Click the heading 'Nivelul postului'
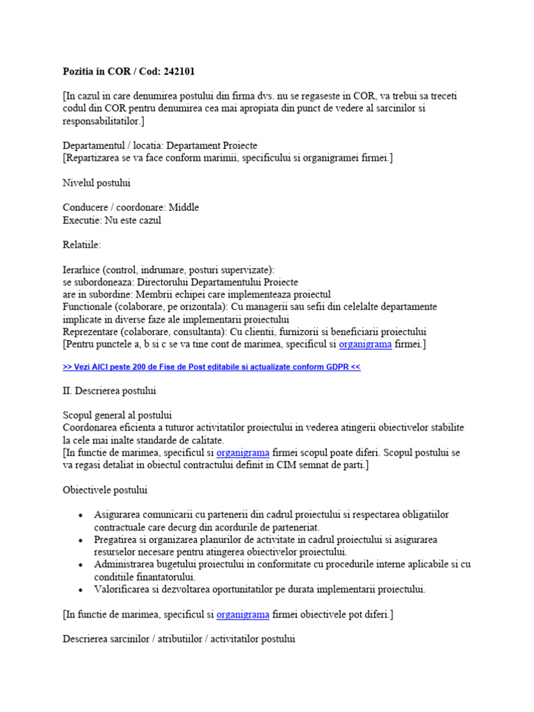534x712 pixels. click(97, 183)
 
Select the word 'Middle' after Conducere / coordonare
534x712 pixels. click(184, 207)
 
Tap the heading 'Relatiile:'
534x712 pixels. click(81, 245)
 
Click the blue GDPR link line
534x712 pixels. click(211, 367)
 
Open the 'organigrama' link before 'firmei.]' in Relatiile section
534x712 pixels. click(365, 344)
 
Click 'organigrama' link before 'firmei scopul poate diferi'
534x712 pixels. click(243, 453)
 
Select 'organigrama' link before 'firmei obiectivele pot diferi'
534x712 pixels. click(243, 615)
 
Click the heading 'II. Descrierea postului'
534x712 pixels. click(109, 391)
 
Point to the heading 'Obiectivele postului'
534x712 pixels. click(105, 490)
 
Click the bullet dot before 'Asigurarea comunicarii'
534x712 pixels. click(81, 515)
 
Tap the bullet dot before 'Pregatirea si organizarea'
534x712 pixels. click(81, 540)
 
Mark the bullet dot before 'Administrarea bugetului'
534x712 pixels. click(81, 565)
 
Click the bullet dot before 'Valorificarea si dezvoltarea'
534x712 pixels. click(81, 590)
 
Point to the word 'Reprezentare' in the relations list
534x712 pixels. click(92, 332)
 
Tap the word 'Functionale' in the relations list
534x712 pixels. click(89, 307)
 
